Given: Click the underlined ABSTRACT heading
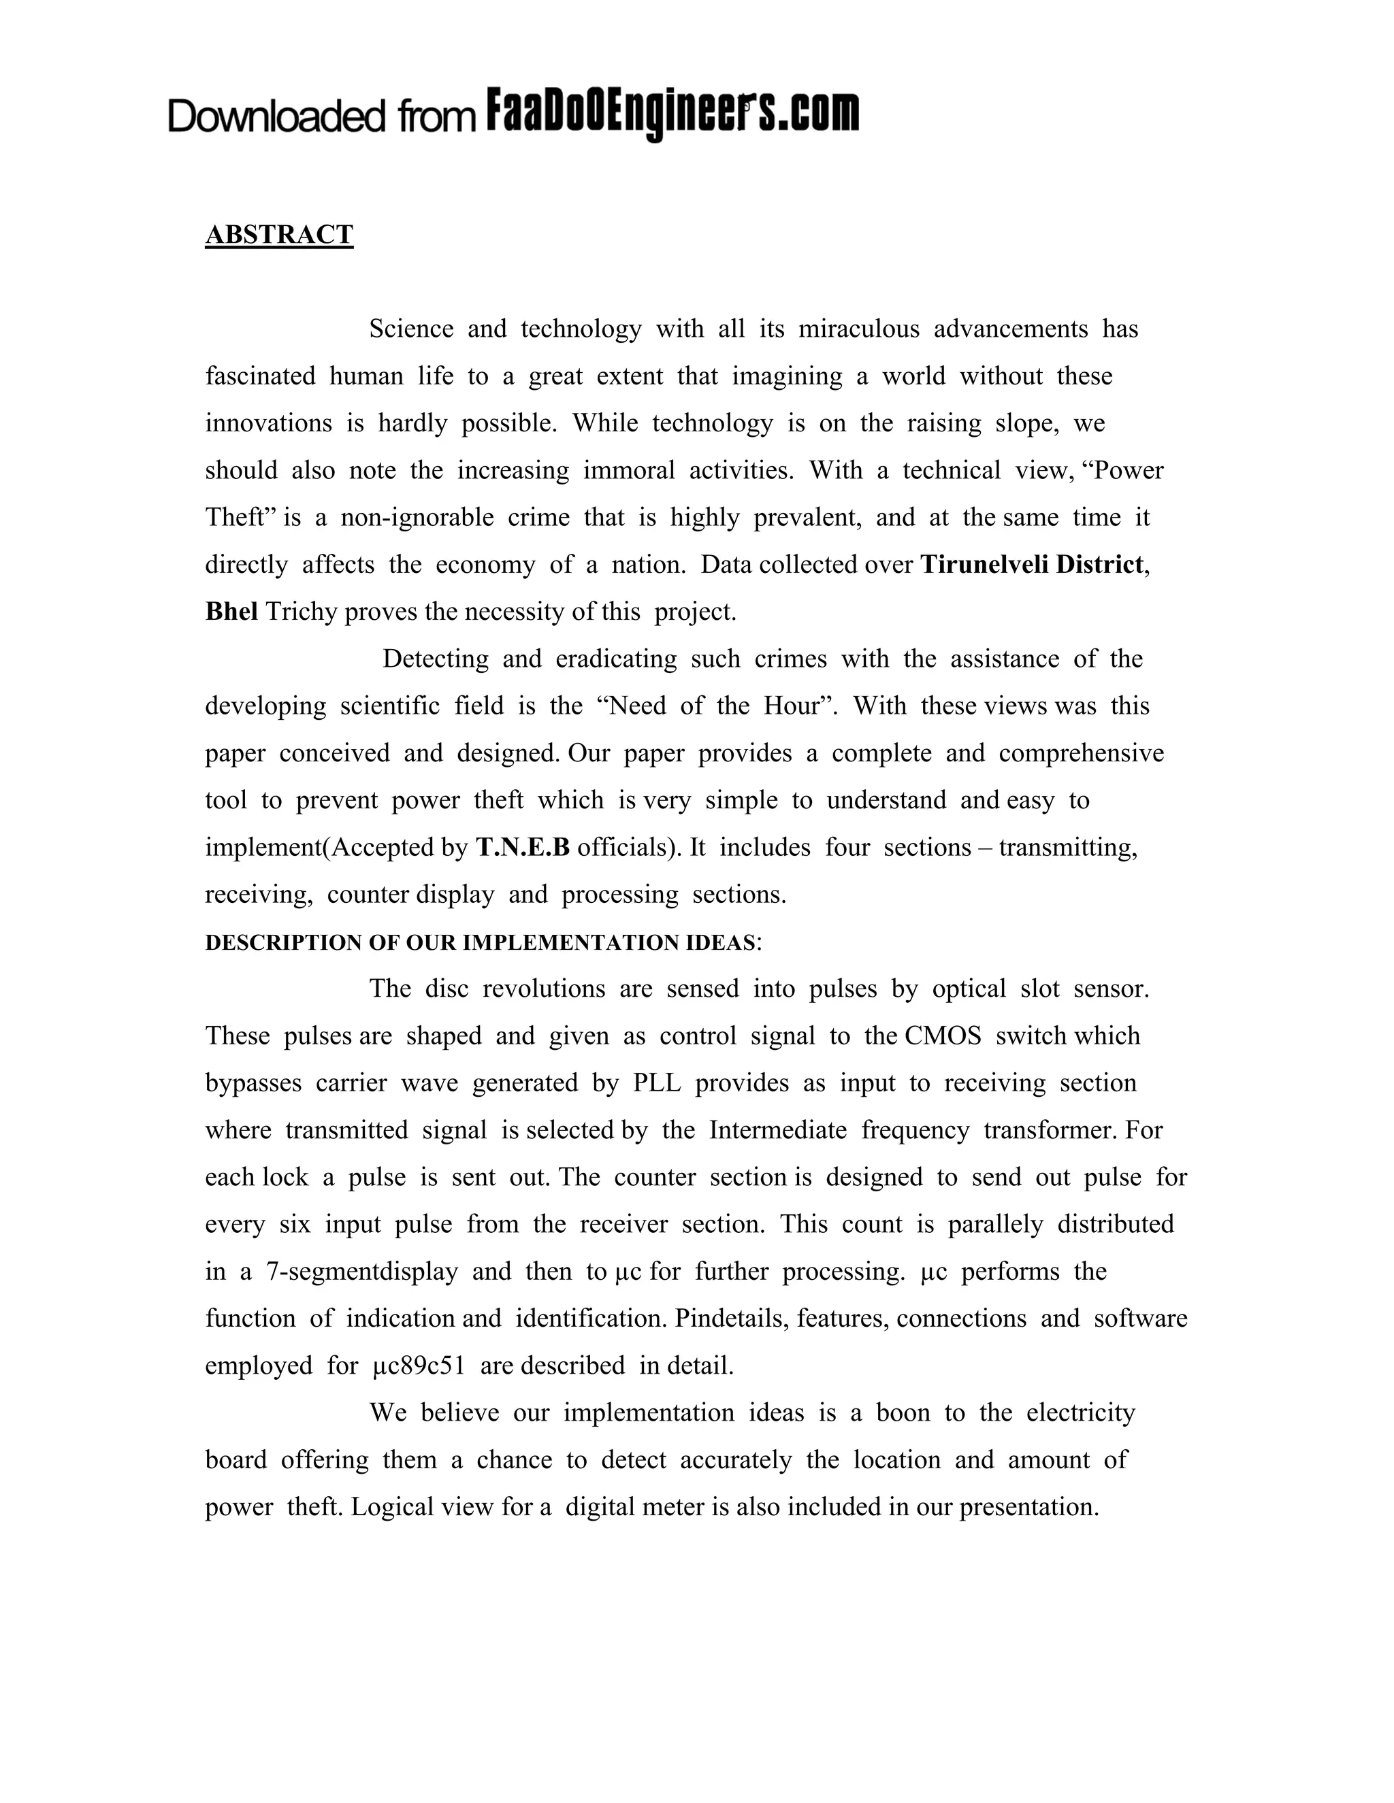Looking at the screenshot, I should click(x=279, y=235).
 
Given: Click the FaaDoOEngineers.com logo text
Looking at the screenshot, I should click(x=672, y=113).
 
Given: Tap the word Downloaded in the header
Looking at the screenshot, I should click(x=276, y=116).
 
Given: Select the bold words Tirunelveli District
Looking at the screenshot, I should click(x=1031, y=565).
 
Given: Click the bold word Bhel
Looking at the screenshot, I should click(x=231, y=612).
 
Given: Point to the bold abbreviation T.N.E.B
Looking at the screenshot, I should click(x=523, y=848).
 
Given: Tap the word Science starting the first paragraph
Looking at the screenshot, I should click(x=411, y=329).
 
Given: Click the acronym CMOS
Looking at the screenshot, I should click(x=943, y=1036).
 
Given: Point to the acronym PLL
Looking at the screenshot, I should click(x=658, y=1083).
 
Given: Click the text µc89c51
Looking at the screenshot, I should click(x=419, y=1366).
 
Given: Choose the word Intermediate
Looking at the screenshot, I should click(x=778, y=1130).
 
